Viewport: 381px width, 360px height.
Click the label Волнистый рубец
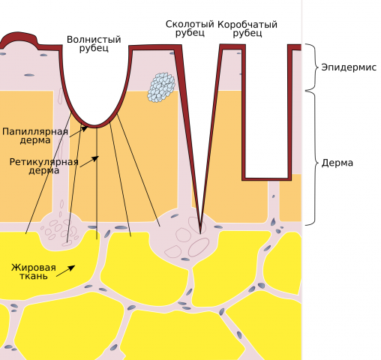pos(94,43)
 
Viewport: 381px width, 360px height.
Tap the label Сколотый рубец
pos(190,28)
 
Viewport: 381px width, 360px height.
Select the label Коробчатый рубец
pos(247,28)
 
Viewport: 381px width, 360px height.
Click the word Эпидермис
pos(349,67)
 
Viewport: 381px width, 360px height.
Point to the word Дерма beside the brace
pos(337,163)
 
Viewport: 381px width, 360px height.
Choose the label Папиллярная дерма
pos(35,136)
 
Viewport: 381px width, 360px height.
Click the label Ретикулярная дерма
pos(44,166)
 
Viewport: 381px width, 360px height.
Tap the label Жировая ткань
pos(34,271)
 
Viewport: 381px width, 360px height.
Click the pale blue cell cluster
pos(161,87)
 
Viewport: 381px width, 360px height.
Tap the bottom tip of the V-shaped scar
pos(200,233)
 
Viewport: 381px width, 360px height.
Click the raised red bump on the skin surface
pos(19,37)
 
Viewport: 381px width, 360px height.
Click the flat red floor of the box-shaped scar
pos(266,178)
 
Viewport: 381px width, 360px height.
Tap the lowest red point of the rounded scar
pos(94,126)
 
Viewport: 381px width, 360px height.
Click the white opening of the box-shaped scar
pos(266,110)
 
